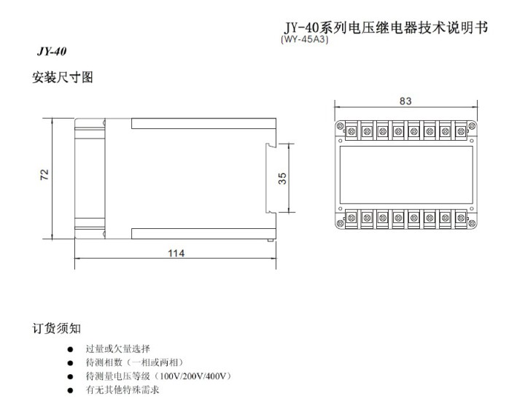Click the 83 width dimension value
(405, 101)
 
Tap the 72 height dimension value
(44, 174)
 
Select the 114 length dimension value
(176, 253)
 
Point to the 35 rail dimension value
(282, 179)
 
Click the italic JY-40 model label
(52, 51)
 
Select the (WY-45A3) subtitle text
(305, 39)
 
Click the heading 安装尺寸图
(62, 77)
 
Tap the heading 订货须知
(56, 328)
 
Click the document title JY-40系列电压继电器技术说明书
(386, 28)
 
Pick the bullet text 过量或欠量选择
(118, 349)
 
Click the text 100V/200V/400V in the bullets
(193, 376)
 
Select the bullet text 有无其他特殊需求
(123, 389)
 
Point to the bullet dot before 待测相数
(70, 363)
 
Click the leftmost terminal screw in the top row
(351, 131)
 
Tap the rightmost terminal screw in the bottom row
(461, 218)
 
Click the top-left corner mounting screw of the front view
(341, 126)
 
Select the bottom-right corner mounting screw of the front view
(472, 223)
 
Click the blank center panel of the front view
(406, 174)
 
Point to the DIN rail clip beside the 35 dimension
(270, 178)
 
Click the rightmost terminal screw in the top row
(461, 131)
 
